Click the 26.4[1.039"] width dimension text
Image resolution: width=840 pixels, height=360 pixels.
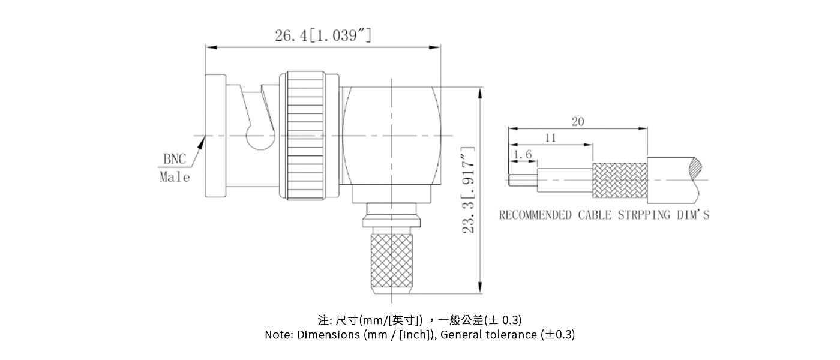coord(322,35)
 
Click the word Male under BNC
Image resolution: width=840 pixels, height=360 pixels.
coord(175,178)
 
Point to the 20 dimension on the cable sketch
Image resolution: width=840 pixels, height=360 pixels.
coord(577,122)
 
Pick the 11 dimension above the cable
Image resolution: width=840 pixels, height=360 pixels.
coord(550,138)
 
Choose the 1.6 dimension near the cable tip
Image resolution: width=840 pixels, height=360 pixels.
coord(523,155)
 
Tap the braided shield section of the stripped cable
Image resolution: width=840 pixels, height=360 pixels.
coord(620,180)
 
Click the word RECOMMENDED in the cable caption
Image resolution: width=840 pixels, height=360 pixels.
coord(535,215)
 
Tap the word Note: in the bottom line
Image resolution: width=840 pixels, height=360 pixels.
coord(279,335)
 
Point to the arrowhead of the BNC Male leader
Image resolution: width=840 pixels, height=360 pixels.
coord(204,140)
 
